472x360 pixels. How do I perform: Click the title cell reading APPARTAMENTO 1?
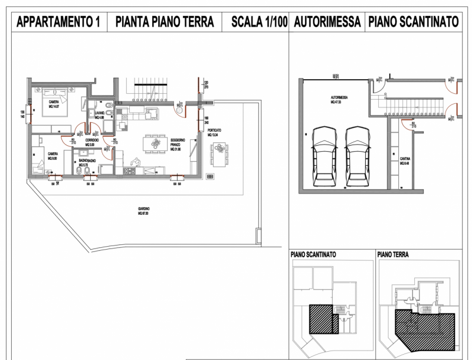(x=58, y=22)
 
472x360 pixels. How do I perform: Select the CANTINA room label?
(x=404, y=161)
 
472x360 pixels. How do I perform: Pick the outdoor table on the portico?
(x=219, y=155)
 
